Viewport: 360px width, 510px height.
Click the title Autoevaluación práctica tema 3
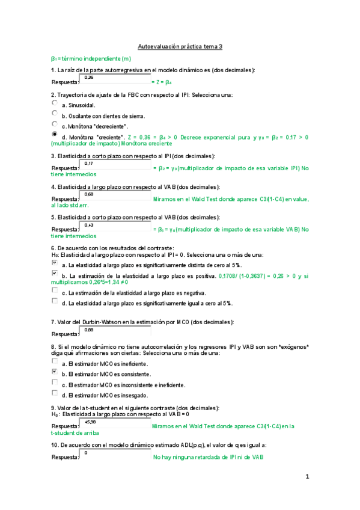tap(180, 46)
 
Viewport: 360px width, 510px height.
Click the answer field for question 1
tap(115, 79)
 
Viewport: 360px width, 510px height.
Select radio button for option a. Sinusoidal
tap(55, 103)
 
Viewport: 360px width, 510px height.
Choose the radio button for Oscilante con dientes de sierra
tap(55, 113)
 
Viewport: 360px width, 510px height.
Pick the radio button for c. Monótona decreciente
tap(55, 124)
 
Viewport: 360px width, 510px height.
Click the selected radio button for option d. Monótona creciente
tap(55, 135)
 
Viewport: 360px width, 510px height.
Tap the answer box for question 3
tap(115, 165)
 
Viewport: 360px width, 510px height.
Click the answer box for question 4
tap(115, 197)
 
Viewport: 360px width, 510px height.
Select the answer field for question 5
tap(115, 227)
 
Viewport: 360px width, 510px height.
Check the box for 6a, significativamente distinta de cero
tap(55, 263)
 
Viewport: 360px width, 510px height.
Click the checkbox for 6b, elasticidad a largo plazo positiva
tap(55, 274)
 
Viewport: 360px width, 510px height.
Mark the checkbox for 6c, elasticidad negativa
tap(55, 290)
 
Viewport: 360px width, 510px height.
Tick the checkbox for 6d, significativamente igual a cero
tap(55, 301)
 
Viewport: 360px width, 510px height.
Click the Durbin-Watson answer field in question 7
tap(115, 331)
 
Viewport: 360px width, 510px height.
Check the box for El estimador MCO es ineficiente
tap(55, 362)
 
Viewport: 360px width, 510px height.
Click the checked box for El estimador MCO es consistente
tap(55, 372)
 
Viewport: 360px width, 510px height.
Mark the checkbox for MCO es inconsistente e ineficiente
tap(55, 382)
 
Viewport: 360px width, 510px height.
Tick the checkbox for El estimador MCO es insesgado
tap(55, 393)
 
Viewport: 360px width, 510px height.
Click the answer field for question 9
tap(115, 425)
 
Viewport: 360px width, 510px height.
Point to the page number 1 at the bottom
tap(307, 477)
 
